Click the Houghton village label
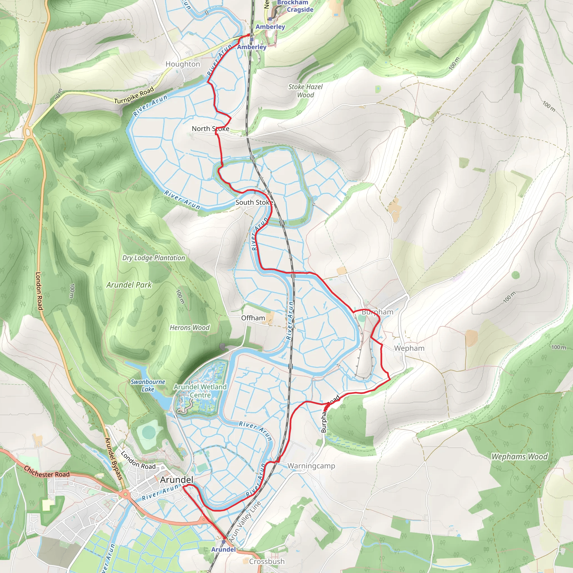(183, 64)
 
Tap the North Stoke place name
(210, 129)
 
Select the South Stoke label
(254, 203)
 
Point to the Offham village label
(253, 318)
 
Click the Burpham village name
(377, 312)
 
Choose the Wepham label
(409, 348)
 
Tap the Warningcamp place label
(311, 466)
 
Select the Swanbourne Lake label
(148, 386)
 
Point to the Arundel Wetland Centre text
(200, 391)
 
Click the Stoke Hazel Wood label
(305, 91)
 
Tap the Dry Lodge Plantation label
(154, 258)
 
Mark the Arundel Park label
(129, 285)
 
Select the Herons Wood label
(189, 328)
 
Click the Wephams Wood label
(519, 457)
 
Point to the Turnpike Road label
(134, 95)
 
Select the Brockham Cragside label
(295, 6)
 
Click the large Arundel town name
(177, 480)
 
